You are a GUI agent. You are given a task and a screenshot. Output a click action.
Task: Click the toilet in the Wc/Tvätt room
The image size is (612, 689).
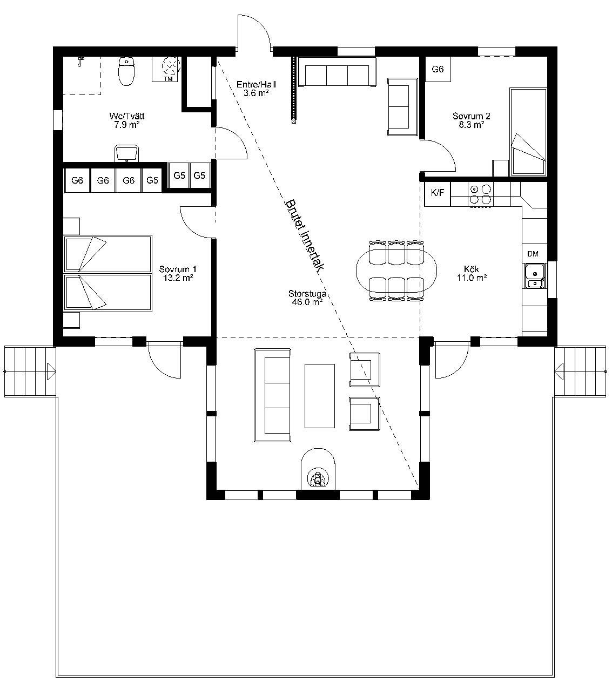pos(126,71)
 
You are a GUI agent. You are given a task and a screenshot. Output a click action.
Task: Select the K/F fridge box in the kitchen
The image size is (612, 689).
pos(438,193)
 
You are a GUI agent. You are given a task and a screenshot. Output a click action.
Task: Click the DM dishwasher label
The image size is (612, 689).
pos(533,254)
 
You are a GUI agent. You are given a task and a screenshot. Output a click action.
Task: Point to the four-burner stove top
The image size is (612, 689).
pos(481,194)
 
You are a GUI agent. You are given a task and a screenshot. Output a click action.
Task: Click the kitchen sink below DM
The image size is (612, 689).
pos(535,275)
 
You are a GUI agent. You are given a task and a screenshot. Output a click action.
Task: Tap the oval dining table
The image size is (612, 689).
pos(396,271)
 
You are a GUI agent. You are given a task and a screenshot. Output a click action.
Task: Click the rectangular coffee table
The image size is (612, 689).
pos(319,396)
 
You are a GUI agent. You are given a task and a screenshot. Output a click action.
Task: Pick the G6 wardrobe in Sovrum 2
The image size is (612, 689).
pos(438,69)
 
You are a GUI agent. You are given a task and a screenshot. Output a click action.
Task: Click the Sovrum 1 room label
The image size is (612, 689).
pos(178,273)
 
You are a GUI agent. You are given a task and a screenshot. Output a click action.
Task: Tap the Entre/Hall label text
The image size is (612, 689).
pos(256,89)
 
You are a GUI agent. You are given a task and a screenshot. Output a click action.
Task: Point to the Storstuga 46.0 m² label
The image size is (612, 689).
pos(307,298)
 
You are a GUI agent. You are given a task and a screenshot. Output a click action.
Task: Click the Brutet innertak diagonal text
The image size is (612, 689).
pos(304,235)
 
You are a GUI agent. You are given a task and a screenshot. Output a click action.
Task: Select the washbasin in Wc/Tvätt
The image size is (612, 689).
pos(126,153)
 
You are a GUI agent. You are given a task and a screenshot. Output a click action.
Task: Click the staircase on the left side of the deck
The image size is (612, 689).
pos(30,371)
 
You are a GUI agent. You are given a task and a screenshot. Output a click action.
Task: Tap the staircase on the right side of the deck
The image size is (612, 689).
pos(580,371)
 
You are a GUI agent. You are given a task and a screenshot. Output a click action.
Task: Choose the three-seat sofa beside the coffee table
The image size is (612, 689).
pos(272,395)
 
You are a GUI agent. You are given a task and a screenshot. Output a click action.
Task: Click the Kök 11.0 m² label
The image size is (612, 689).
pos(472,273)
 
